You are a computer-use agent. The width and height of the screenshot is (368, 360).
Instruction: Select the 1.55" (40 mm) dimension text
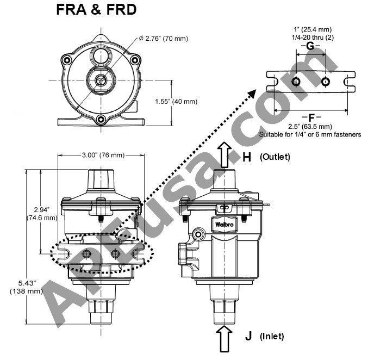[x=176, y=102]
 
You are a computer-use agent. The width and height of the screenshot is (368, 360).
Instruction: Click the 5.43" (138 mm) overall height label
[x=26, y=287]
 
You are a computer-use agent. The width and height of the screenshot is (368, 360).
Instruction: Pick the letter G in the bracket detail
[x=310, y=46]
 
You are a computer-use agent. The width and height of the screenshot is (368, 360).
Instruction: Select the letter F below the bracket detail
[x=311, y=117]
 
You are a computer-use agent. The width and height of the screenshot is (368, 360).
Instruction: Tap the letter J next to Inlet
[x=248, y=336]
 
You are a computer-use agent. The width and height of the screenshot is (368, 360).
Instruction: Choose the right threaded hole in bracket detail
[x=325, y=82]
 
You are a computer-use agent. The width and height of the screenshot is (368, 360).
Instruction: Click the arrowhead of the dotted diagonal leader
[x=252, y=94]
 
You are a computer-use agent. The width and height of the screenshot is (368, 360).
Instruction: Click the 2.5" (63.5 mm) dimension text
[x=311, y=127]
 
